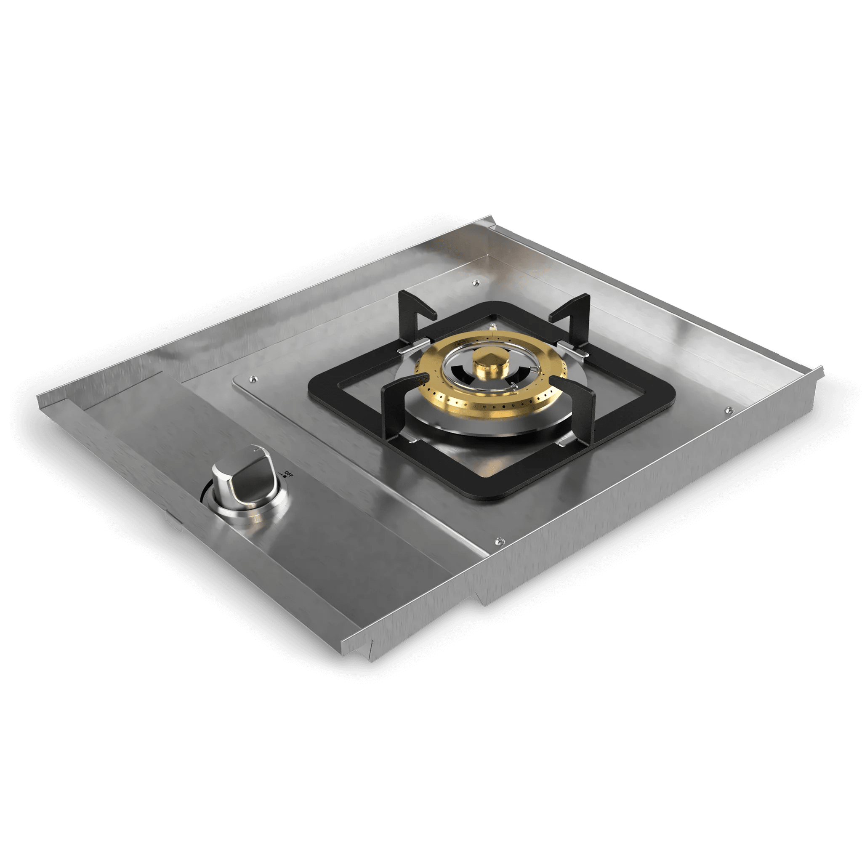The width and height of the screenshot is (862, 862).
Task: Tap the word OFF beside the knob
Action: pyautogui.click(x=289, y=474)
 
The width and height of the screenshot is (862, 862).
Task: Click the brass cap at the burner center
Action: pyautogui.click(x=488, y=362)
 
